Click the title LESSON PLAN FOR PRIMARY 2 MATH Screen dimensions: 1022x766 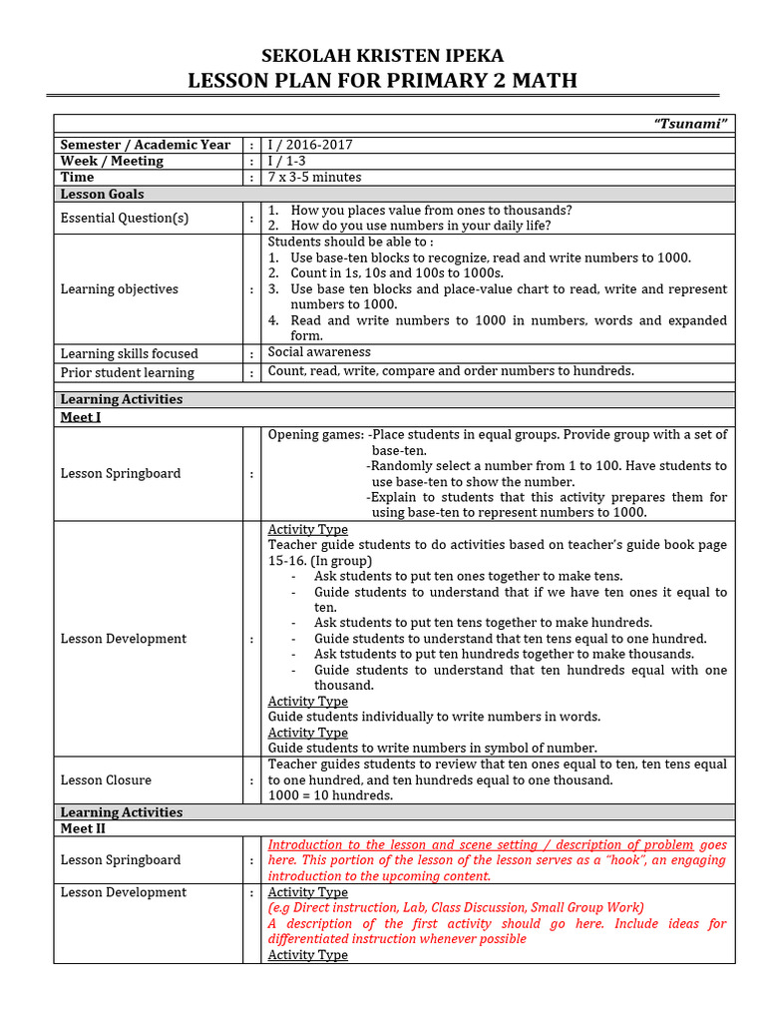tap(382, 80)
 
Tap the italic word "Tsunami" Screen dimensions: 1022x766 tap(690, 123)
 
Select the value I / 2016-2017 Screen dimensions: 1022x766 tap(310, 145)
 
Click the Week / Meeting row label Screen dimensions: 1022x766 tap(112, 161)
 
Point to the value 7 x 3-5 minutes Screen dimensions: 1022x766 tap(314, 177)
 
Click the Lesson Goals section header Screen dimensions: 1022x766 tap(102, 194)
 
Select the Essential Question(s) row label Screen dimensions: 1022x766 tap(124, 218)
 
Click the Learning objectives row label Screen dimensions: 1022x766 tap(119, 289)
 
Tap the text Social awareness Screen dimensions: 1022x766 tap(319, 352)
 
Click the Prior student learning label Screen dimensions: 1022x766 tap(127, 372)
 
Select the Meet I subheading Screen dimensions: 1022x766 tap(81, 417)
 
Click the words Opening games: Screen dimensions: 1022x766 tap(315, 434)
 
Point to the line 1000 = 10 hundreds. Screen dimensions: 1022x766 tap(330, 795)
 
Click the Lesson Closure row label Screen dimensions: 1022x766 tap(106, 779)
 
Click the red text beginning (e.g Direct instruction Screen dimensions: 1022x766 tap(456, 907)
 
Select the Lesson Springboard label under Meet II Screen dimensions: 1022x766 tap(120, 859)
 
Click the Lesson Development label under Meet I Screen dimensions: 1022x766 tap(123, 639)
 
